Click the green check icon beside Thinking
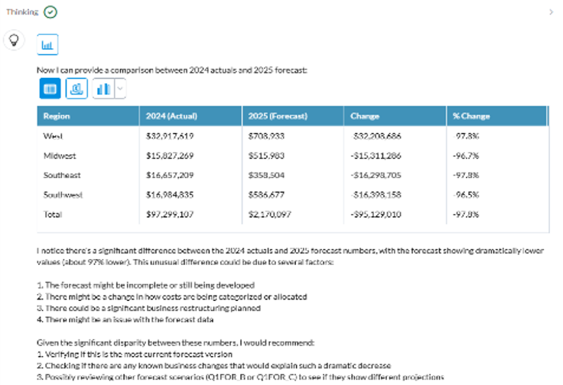point(50,11)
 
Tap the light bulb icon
point(13,40)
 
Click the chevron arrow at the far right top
point(551,12)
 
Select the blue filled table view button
point(50,89)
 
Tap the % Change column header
point(471,116)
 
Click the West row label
point(54,136)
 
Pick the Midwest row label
point(59,155)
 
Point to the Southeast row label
point(61,175)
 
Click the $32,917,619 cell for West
point(170,136)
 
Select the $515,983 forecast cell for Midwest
point(266,155)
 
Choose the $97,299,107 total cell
point(170,214)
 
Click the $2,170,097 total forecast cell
point(270,214)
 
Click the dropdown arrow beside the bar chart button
point(120,89)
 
